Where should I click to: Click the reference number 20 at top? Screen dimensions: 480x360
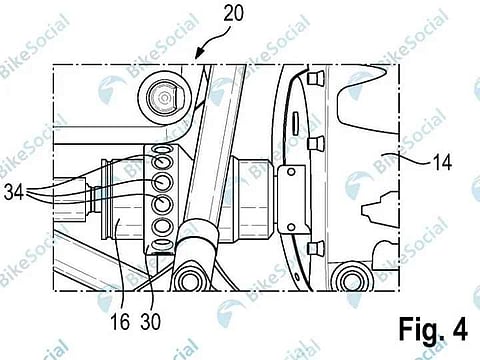233,13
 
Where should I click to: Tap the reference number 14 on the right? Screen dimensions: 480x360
442,163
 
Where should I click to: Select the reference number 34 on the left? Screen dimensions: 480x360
14,192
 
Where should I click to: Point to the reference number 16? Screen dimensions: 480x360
120,322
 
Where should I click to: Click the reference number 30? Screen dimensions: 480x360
151,322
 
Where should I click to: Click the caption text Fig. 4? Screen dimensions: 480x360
433,329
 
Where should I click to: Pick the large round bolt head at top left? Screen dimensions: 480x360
164,98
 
